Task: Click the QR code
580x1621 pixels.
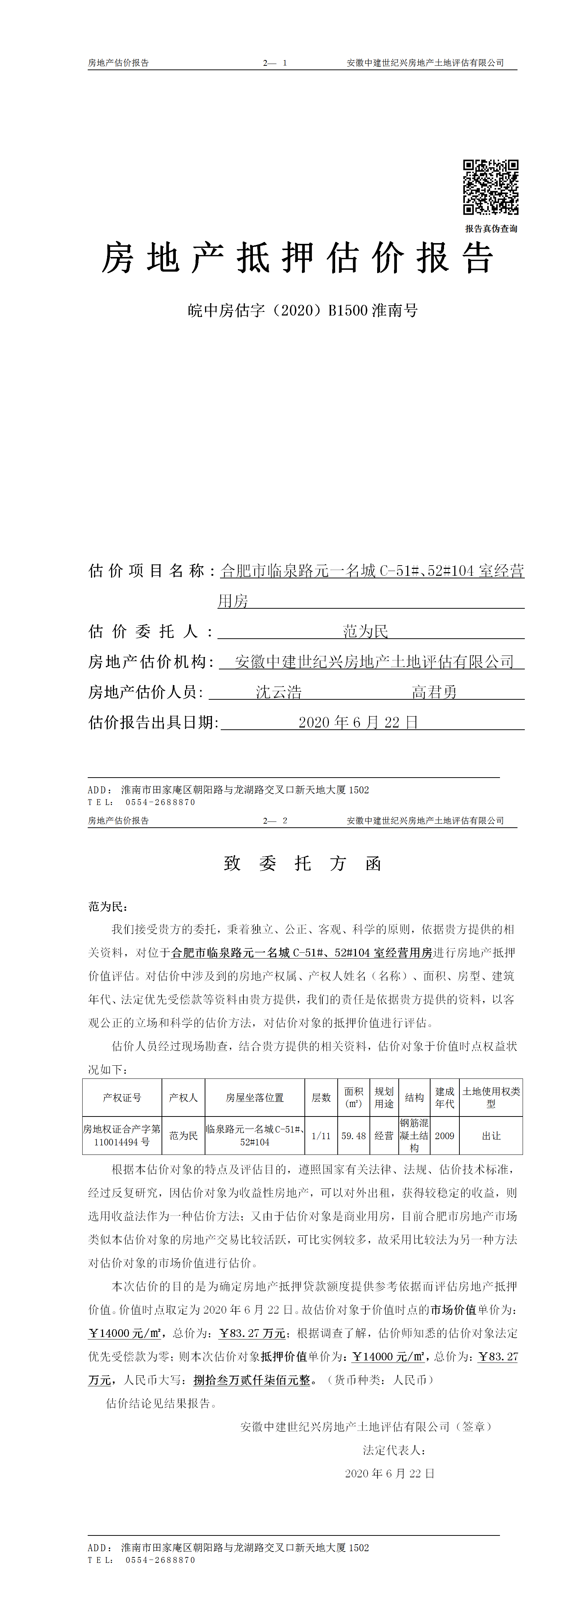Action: coord(491,188)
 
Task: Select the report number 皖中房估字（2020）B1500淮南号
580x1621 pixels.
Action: coord(303,310)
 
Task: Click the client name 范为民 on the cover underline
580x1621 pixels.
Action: coord(365,631)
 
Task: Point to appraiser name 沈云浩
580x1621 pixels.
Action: coord(279,692)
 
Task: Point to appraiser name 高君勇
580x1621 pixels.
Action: coord(434,692)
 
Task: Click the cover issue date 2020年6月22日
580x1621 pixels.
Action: coord(358,722)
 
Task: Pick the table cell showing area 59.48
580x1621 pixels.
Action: coord(353,1136)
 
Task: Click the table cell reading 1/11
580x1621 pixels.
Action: coord(321,1136)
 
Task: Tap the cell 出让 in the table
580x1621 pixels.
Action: coord(491,1136)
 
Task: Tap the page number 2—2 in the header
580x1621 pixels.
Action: coord(275,821)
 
